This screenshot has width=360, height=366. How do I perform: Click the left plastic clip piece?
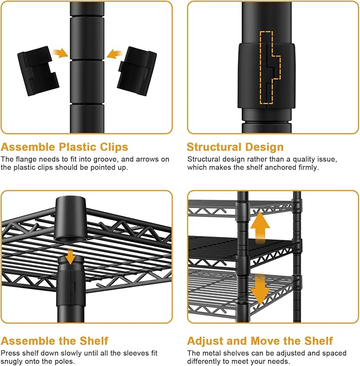[38, 71]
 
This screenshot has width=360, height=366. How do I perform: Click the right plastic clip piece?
[137, 71]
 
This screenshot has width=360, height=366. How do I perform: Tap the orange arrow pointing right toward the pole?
[60, 54]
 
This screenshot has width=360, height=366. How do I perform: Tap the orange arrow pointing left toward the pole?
[115, 54]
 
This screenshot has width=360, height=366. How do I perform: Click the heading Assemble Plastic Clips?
[64, 147]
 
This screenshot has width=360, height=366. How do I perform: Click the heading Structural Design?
[235, 147]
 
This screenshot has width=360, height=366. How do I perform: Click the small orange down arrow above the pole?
[70, 257]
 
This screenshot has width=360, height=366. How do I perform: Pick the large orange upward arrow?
[260, 228]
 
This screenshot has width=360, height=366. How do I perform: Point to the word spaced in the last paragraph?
[334, 353]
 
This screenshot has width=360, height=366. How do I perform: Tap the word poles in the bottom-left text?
[64, 361]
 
